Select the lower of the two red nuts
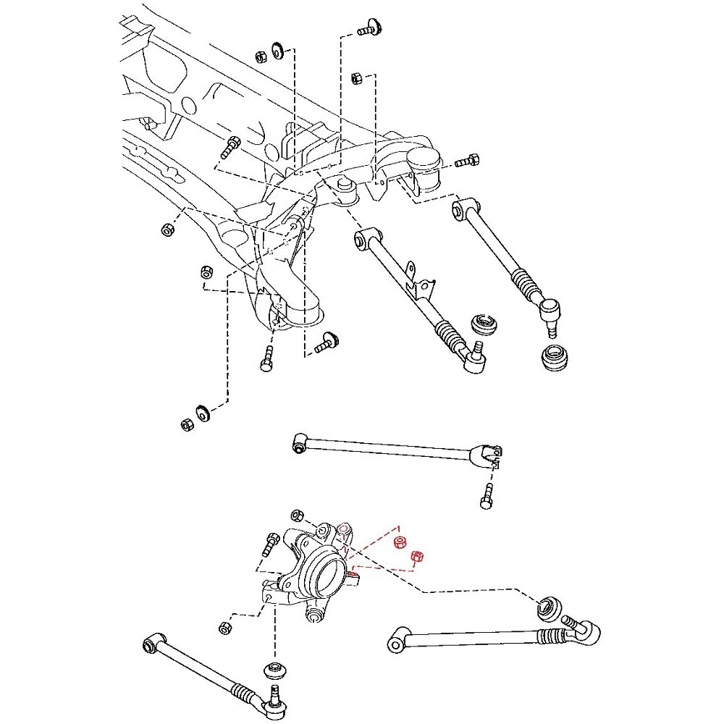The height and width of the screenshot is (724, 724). [416, 557]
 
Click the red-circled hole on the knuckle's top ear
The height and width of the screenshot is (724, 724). [345, 529]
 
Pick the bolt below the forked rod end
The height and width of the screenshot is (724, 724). [486, 498]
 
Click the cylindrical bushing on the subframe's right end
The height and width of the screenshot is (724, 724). [425, 169]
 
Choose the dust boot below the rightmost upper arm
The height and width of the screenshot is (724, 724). [556, 358]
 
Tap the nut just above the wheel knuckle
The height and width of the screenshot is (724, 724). [296, 515]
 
